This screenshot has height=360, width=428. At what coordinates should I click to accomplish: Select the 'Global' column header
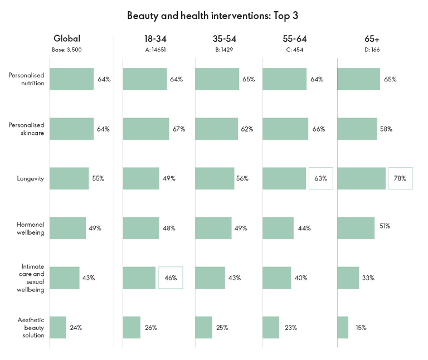[x=67, y=38]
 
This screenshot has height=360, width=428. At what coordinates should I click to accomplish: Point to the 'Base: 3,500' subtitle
[x=67, y=50]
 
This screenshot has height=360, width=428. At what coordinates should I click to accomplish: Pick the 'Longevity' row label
[x=31, y=178]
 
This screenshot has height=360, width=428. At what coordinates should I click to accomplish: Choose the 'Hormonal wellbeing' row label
[x=30, y=228]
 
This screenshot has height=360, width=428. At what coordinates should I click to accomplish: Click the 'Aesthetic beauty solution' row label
[x=31, y=328]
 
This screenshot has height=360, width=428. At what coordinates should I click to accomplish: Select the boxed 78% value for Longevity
[x=400, y=178]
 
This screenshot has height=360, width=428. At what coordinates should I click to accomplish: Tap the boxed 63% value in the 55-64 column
[x=320, y=178]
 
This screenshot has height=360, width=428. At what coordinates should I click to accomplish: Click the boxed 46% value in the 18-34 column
[x=171, y=278]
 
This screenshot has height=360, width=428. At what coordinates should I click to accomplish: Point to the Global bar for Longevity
[x=69, y=178]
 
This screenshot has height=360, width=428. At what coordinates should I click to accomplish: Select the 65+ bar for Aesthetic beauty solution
[x=343, y=328]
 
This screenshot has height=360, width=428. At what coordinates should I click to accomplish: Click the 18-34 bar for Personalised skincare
[x=146, y=129]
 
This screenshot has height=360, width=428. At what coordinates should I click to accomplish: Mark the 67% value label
[x=178, y=129]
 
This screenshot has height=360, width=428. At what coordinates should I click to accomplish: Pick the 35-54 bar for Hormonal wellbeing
[x=213, y=228]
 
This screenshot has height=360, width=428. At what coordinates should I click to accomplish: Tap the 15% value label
[x=361, y=328]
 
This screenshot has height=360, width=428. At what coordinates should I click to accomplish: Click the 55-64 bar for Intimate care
[x=277, y=278]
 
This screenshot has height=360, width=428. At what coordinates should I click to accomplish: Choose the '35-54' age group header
[x=225, y=38]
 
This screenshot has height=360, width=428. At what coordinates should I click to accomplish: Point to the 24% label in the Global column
[x=76, y=328]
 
